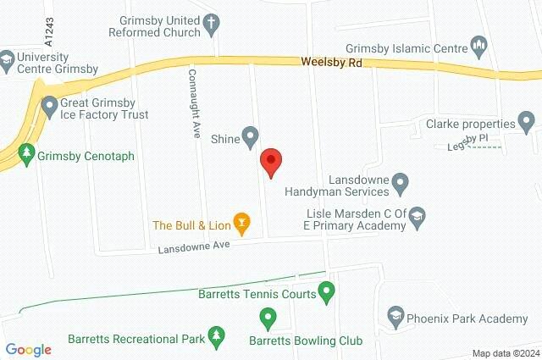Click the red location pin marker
(270, 161)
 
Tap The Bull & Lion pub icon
(242, 224)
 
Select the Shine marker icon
(250, 136)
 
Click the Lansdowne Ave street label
(196, 246)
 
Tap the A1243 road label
(49, 32)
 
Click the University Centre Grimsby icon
(7, 59)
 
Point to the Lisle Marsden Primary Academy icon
(417, 219)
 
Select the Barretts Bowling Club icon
(268, 319)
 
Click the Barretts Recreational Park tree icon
(216, 338)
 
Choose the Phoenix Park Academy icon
(395, 318)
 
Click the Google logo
(28, 350)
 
